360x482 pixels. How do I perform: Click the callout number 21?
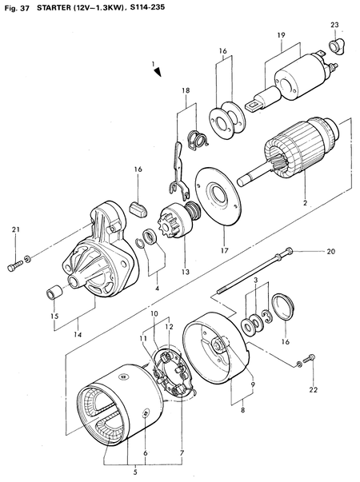pyautogui.click(x=14, y=230)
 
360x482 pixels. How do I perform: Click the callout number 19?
pyautogui.click(x=282, y=36)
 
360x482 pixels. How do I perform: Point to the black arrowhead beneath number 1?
pyautogui.click(x=158, y=72)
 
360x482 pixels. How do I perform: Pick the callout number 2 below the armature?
pyautogui.click(x=305, y=203)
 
